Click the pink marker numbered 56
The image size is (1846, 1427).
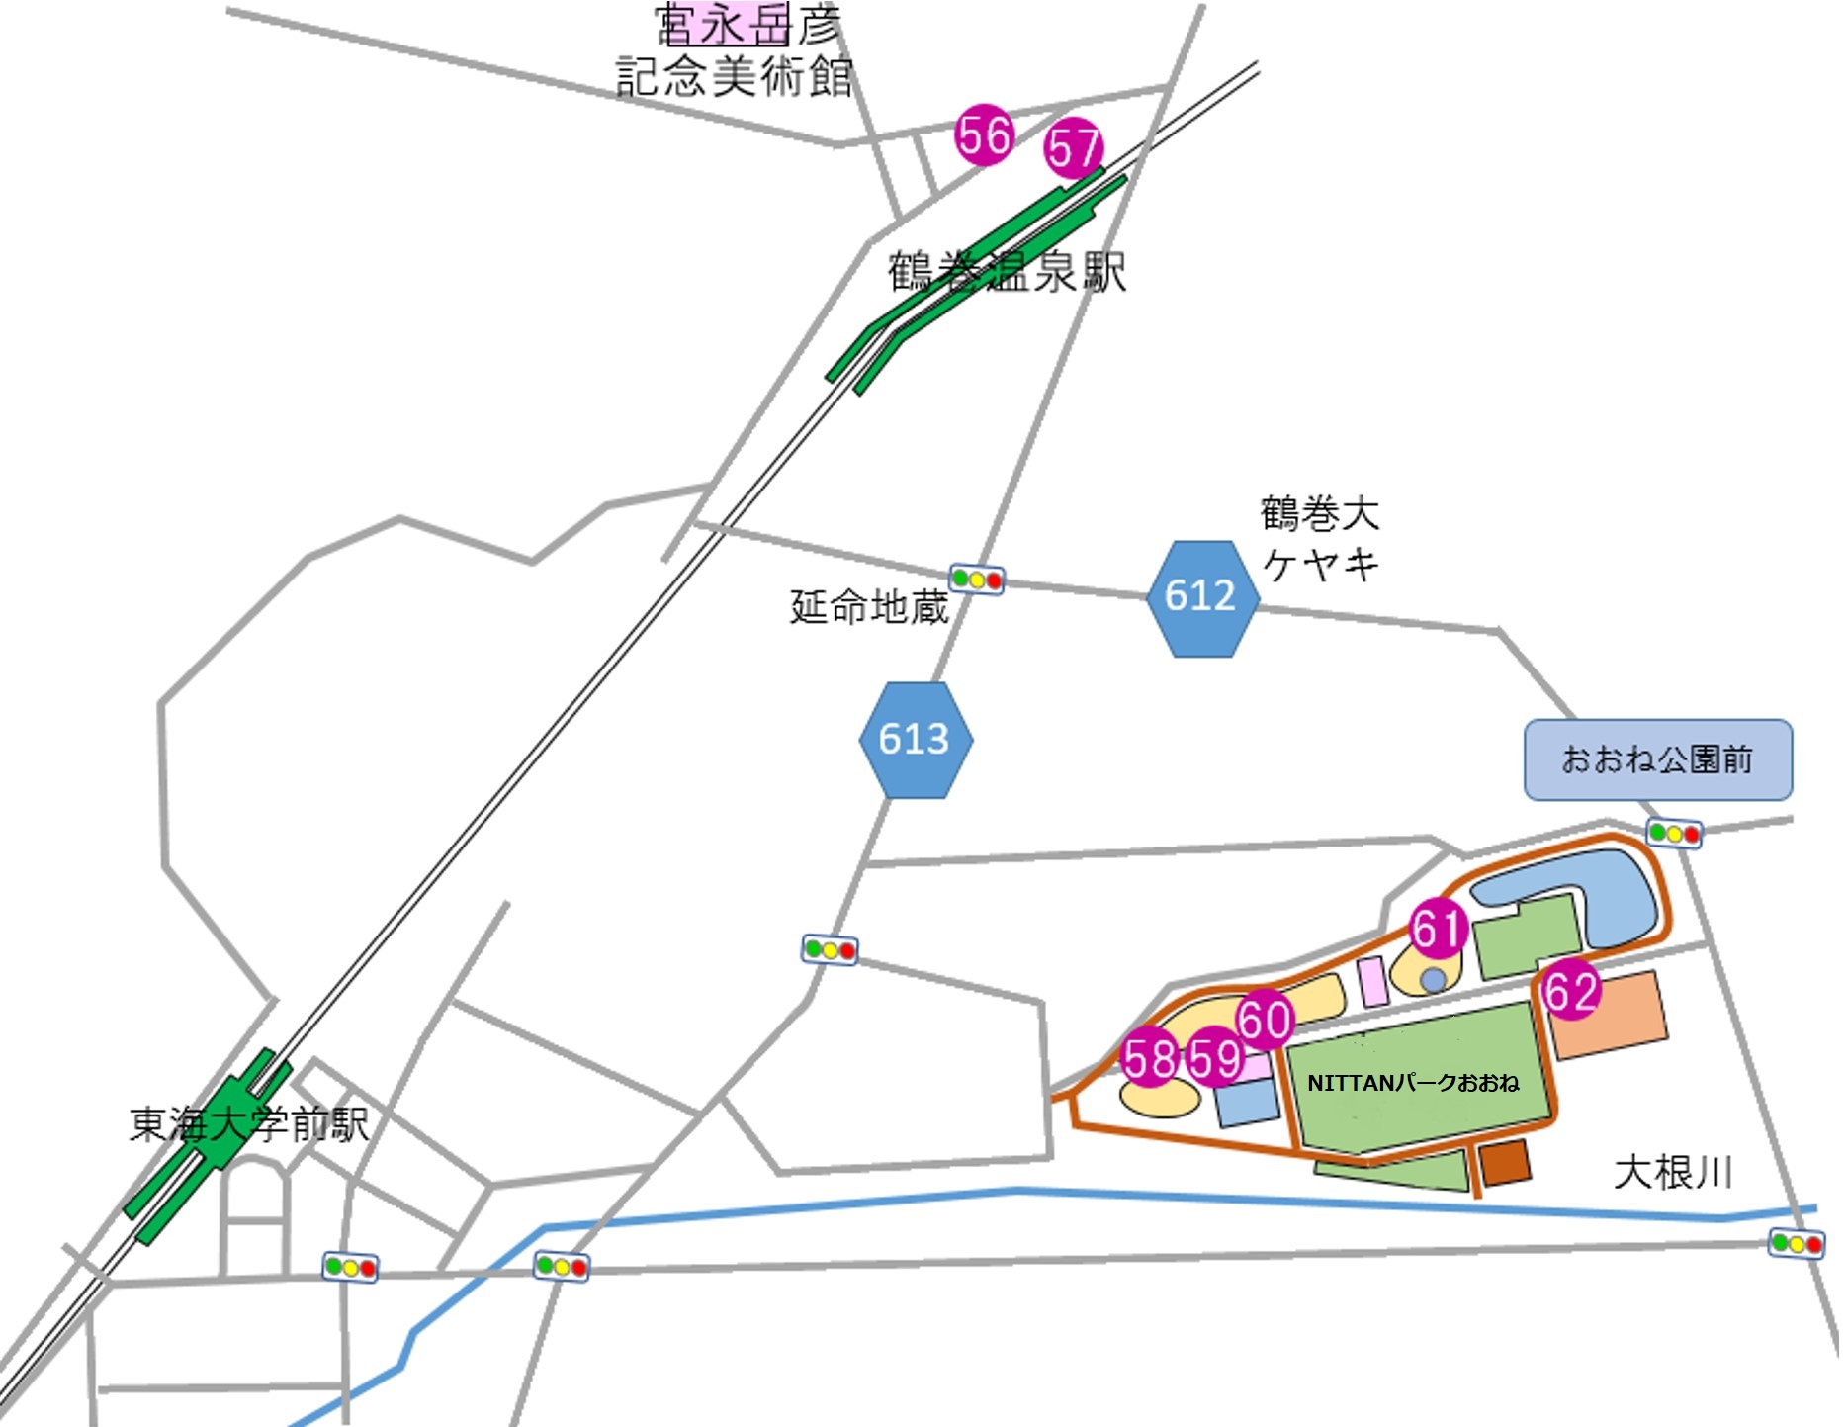[984, 135]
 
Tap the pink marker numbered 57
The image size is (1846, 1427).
[1074, 148]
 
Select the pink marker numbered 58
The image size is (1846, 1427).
[1149, 1057]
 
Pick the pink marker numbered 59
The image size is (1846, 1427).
[1215, 1057]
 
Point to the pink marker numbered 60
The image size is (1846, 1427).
[1265, 1020]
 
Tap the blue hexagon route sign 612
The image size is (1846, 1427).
[1202, 597]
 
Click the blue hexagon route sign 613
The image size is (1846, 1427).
[916, 740]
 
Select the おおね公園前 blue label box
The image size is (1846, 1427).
[1657, 759]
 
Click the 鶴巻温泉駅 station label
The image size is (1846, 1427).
[1007, 272]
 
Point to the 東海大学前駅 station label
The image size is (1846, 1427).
[249, 1124]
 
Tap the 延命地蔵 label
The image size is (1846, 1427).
[869, 606]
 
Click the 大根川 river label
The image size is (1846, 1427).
[1673, 1173]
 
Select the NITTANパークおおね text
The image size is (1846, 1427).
[1412, 1083]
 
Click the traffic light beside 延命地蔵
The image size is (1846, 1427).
[977, 580]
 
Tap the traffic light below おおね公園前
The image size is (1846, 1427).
[1674, 834]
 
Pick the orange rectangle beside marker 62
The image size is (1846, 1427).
[1608, 1014]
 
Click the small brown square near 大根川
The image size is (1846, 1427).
[1505, 1162]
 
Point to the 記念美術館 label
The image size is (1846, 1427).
[734, 77]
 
